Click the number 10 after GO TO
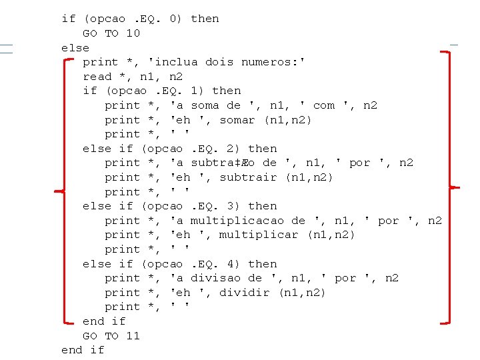(x=133, y=33)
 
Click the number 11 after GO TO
(x=133, y=336)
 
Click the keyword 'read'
(x=97, y=77)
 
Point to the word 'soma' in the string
(x=205, y=105)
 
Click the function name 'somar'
(x=237, y=120)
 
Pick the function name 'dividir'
(x=245, y=293)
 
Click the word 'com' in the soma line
(x=324, y=105)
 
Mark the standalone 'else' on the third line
(x=75, y=48)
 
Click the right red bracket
(x=449, y=187)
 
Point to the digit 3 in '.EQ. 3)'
(x=238, y=206)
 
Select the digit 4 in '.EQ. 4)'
(x=238, y=264)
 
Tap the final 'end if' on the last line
(x=83, y=350)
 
